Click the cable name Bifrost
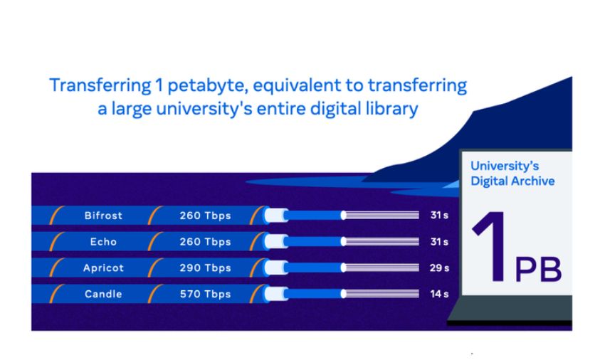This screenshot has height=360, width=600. (103, 216)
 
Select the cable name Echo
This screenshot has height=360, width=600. (103, 242)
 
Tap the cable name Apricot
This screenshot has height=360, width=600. (103, 268)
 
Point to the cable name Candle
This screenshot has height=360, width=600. (103, 295)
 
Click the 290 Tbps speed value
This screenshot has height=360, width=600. (206, 268)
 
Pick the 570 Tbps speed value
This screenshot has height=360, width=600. (206, 295)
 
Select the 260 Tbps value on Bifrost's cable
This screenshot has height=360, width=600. (206, 216)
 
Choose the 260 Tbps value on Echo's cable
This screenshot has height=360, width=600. (206, 242)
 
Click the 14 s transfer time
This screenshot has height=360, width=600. (439, 294)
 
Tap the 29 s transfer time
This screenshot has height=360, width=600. (439, 268)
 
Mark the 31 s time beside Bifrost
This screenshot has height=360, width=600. (439, 215)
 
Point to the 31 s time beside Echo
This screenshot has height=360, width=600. (439, 242)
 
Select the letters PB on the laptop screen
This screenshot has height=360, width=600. (538, 270)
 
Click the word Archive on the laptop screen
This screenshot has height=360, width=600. (532, 181)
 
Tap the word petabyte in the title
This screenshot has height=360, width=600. (208, 85)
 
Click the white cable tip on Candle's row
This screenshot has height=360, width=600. (276, 295)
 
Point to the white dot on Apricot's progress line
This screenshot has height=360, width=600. (344, 268)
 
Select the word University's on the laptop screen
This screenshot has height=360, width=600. (505, 166)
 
